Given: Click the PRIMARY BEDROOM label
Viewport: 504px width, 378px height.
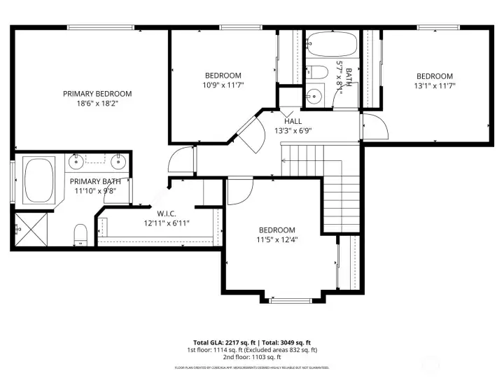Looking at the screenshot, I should [97, 94].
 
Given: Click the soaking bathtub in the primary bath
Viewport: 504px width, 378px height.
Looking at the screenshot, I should [40, 180].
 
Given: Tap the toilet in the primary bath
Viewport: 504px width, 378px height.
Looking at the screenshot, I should [81, 233].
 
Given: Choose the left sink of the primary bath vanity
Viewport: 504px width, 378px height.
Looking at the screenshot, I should [76, 161].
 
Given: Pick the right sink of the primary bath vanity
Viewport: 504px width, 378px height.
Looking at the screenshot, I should [118, 161].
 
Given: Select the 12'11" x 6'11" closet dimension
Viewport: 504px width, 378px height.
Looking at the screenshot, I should [166, 223].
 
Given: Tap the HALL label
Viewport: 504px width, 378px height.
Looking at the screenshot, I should [293, 121].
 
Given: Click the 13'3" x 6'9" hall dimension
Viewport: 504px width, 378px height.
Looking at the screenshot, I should [293, 130].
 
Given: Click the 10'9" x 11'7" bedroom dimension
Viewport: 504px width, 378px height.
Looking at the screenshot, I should [223, 85].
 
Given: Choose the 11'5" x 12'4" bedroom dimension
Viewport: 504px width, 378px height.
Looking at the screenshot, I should [276, 239].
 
